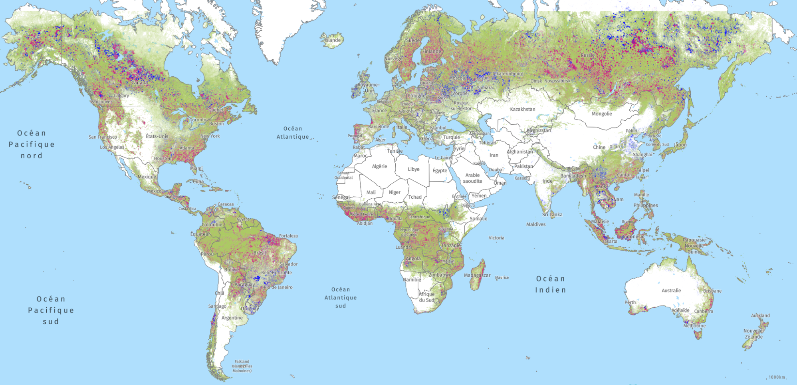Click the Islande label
[x=333, y=40]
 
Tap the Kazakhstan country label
[x=522, y=109]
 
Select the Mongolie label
[x=601, y=114]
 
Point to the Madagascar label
[x=477, y=275]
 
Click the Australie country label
[x=671, y=290]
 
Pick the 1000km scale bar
[x=776, y=377]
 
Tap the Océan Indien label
[x=551, y=284]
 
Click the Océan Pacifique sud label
[x=51, y=310]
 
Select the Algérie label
[x=379, y=166]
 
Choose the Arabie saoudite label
[x=472, y=178]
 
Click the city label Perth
[x=630, y=302]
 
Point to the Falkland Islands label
[x=242, y=366]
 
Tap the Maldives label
[x=535, y=224]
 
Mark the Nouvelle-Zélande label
[x=753, y=333]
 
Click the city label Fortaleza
[x=288, y=236]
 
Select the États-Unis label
[x=157, y=136]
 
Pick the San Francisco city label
[x=103, y=137]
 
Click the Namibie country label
[x=412, y=279]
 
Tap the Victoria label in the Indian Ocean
[x=496, y=237]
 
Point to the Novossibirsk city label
[x=557, y=81]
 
